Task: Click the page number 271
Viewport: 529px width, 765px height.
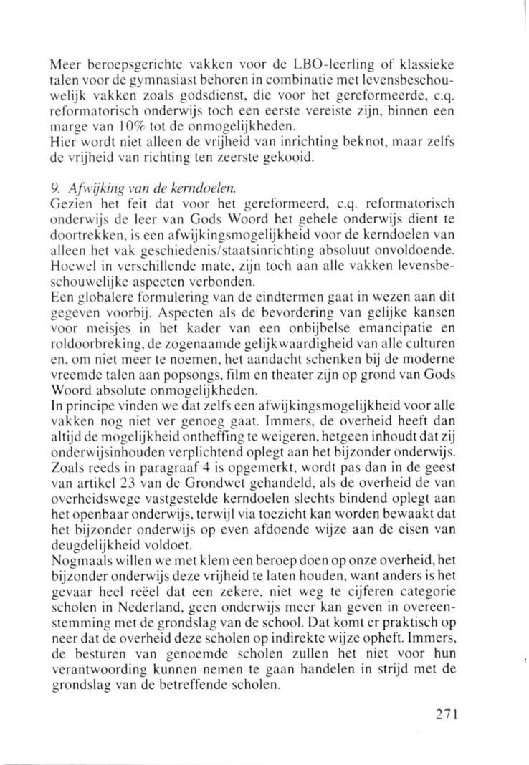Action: (442, 716)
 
